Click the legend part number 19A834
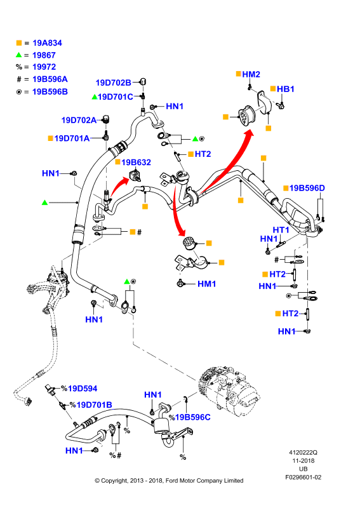[x=48, y=43]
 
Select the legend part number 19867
[x=44, y=55]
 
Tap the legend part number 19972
[x=44, y=67]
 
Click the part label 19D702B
[x=114, y=83]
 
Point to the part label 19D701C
[x=116, y=97]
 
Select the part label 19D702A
[x=79, y=120]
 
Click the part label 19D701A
[x=72, y=138]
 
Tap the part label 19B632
[x=136, y=162]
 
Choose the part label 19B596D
[x=307, y=188]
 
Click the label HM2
[x=251, y=74]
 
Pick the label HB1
[x=286, y=89]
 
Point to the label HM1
[x=207, y=284]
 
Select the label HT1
[x=281, y=230]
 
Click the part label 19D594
[x=83, y=389]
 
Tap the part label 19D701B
[x=95, y=404]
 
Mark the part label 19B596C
[x=193, y=417]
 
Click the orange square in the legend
[x=19, y=43]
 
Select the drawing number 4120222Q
[x=303, y=452]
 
